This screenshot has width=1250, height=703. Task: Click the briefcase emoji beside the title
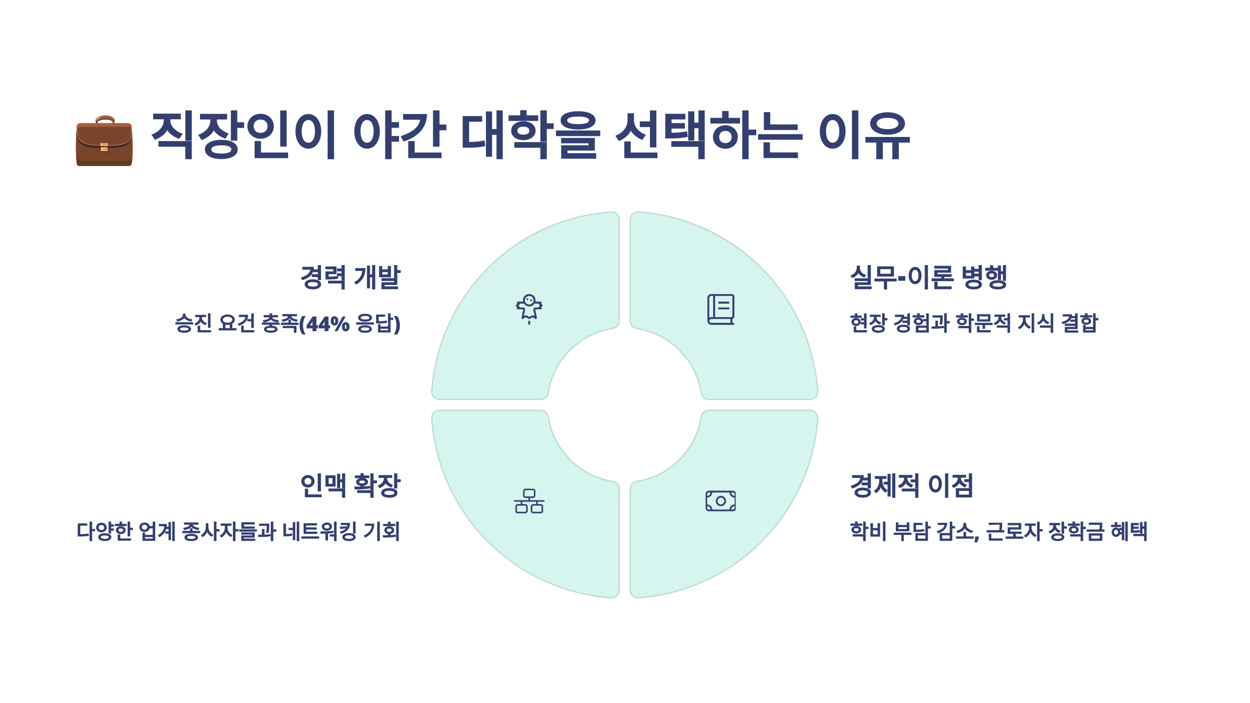[x=104, y=141]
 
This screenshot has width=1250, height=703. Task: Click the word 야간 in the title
[x=399, y=135]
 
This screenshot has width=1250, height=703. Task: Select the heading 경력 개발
[x=350, y=277]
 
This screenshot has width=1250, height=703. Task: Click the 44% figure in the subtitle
[x=327, y=324]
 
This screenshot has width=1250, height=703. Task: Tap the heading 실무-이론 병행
[x=929, y=277]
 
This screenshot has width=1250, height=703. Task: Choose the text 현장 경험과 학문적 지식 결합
[x=973, y=323]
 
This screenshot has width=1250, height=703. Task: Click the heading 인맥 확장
[x=350, y=485]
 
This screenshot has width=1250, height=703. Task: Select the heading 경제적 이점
[x=911, y=485]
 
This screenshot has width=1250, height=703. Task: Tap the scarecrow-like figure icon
[x=529, y=309]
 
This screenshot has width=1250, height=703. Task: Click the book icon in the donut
[x=721, y=309]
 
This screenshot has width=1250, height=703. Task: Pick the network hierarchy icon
[x=529, y=501]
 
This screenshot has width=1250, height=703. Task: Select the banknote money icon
[x=721, y=501]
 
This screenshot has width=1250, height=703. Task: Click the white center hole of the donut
[x=624, y=405]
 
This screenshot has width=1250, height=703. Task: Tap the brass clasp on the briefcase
[x=104, y=147]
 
